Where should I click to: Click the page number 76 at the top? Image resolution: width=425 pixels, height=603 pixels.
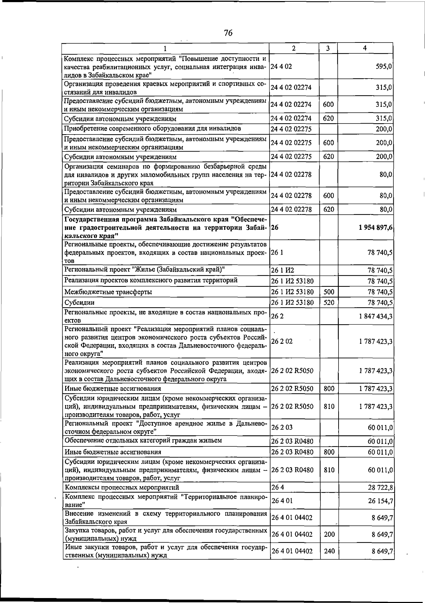[x=228, y=33]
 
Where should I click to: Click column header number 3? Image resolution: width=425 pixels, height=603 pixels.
[x=328, y=49]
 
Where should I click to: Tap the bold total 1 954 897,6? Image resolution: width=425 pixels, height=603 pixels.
[x=375, y=228]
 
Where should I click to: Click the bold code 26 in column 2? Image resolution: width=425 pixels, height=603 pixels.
[x=274, y=228]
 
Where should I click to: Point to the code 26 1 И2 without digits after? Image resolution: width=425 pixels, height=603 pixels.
[x=283, y=271]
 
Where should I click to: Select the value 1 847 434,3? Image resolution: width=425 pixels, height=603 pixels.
[x=375, y=316]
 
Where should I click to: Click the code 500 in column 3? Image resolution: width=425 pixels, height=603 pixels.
[x=329, y=292]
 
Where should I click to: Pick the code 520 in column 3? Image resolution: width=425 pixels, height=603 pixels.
[x=329, y=303]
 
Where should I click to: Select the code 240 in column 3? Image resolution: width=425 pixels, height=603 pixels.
[x=329, y=551]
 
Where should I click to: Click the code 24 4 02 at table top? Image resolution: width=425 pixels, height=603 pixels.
[x=281, y=67]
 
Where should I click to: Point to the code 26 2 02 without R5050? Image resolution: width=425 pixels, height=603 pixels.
[x=282, y=342]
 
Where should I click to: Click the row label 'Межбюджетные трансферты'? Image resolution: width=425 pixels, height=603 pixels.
[x=108, y=292]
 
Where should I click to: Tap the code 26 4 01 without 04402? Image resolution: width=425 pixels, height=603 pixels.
[x=282, y=501]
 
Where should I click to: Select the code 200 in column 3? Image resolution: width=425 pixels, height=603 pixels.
[x=329, y=534]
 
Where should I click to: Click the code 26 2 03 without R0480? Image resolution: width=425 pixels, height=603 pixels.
[x=282, y=427]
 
